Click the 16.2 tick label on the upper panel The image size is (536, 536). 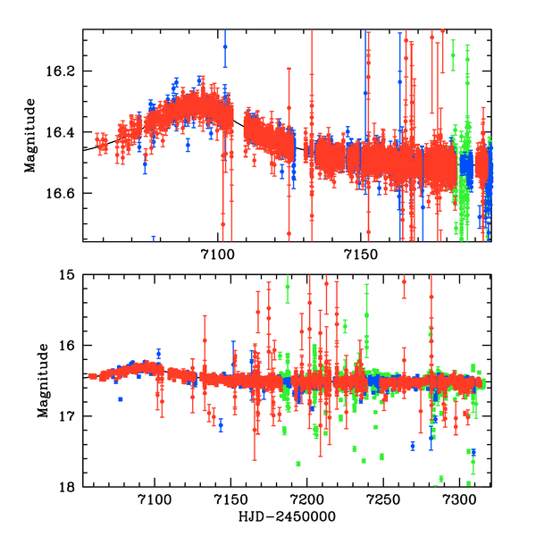click(65, 71)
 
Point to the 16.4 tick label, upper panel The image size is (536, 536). click(65, 132)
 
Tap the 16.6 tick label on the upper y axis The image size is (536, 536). click(65, 193)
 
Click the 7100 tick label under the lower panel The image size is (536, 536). click(155, 502)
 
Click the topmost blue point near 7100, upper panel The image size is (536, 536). click(225, 46)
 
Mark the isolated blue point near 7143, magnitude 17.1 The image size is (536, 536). click(221, 425)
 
